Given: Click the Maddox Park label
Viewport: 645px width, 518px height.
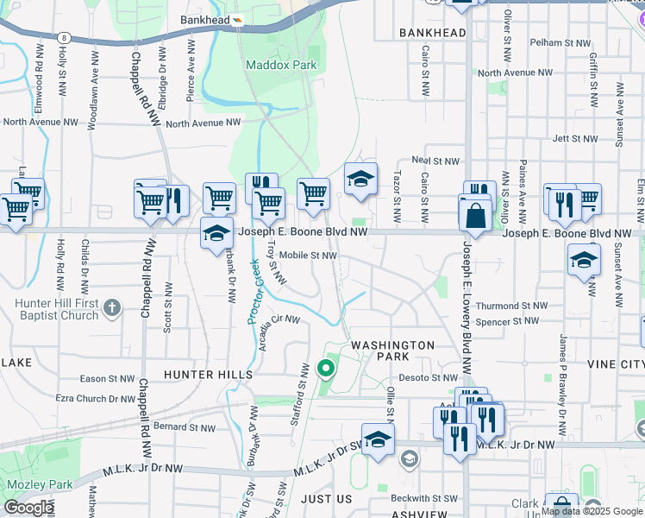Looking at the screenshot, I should coord(281,65).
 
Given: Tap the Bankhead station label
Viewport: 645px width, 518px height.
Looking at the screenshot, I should coord(204,19).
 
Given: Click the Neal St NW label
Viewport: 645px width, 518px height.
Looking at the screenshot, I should coord(436,161).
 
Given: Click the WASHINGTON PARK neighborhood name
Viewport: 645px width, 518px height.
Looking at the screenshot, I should coord(392,351).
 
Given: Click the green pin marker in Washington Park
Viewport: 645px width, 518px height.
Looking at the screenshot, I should coord(326,370).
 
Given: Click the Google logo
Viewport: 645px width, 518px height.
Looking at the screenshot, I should coord(28,508).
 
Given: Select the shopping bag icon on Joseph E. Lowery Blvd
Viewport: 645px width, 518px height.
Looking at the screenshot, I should coord(476,216).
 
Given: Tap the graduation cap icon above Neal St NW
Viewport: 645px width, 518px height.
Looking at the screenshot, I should coord(361,180).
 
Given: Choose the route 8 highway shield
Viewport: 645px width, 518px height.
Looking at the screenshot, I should coord(64,37).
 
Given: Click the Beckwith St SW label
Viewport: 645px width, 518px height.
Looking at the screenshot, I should coord(423,498).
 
